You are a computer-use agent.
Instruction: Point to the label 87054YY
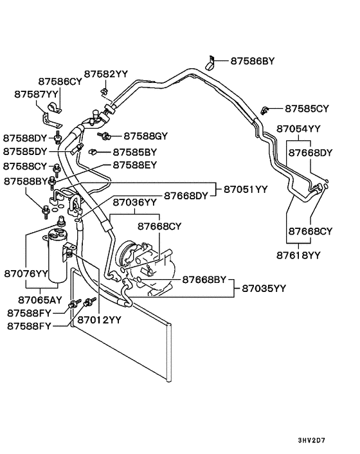coord(298,129)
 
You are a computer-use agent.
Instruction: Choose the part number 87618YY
coord(298,255)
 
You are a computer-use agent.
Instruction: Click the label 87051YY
coord(250,190)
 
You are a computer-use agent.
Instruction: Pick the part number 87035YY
coord(264,289)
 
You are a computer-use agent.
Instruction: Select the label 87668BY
coord(204,280)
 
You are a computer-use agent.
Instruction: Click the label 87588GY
coord(145,136)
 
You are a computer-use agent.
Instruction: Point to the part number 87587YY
coord(37,94)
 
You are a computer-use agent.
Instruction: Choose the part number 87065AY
coord(40,300)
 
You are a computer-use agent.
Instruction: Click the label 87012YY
coord(99,320)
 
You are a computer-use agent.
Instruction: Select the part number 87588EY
coord(135,165)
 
